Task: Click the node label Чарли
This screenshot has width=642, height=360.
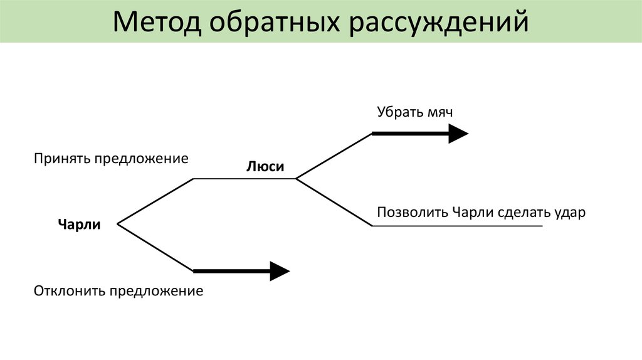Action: click(x=79, y=224)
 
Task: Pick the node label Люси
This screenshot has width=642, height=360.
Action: click(x=265, y=167)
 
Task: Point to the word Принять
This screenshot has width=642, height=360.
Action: click(x=63, y=159)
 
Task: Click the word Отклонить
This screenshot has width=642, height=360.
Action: click(x=70, y=291)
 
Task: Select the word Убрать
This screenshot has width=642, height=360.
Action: click(x=397, y=112)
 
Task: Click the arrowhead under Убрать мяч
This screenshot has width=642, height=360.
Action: click(x=458, y=134)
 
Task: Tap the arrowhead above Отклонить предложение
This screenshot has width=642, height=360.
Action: click(x=280, y=271)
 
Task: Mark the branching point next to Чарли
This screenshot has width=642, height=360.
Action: click(x=118, y=223)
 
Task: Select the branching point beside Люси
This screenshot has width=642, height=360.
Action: click(x=296, y=179)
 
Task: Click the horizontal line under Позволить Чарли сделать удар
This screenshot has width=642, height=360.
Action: click(x=458, y=226)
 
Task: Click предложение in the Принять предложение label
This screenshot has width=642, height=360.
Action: click(x=141, y=159)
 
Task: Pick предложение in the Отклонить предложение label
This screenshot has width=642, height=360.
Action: click(x=156, y=291)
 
